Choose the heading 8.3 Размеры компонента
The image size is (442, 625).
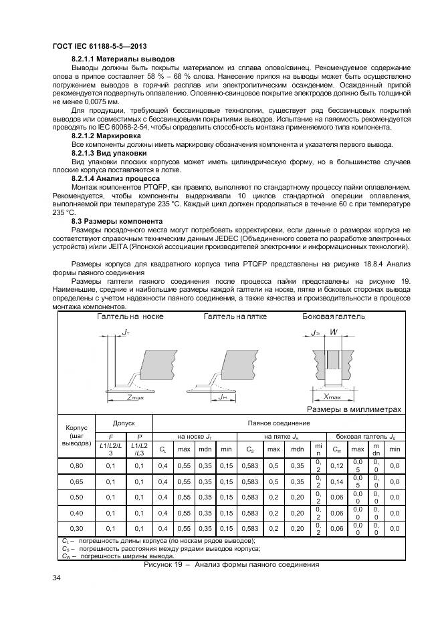pyautogui.click(x=115, y=220)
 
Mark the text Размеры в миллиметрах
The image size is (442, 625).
pyautogui.click(x=354, y=409)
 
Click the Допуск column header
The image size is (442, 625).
pyautogui.click(x=124, y=423)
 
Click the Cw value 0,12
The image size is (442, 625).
pyautogui.click(x=338, y=465)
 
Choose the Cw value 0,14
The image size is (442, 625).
pyautogui.click(x=338, y=481)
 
